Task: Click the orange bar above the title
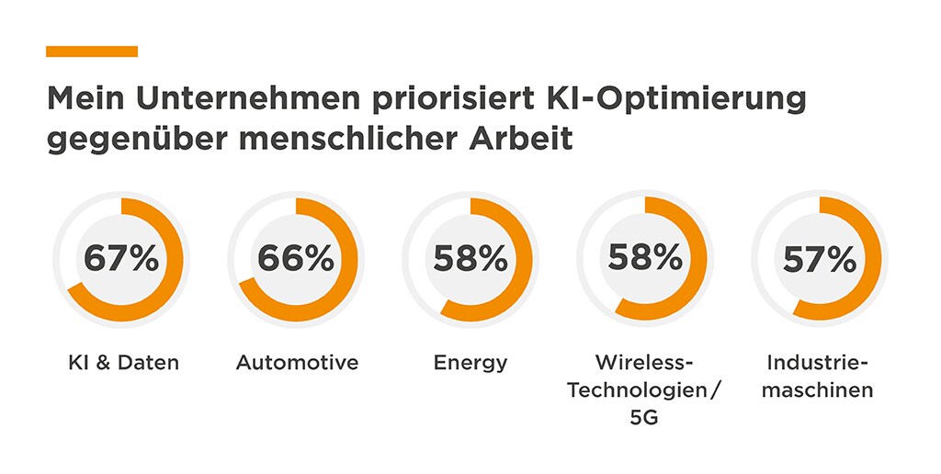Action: pos(92,51)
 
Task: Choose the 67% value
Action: pos(121,259)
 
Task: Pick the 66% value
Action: pos(295,259)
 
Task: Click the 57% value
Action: pos(819,260)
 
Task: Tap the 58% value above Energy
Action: pos(470,259)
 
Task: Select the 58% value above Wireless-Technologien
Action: pos(644,257)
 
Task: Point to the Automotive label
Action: pos(297,363)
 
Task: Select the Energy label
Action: pos(470,363)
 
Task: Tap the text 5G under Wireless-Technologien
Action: pos(643,418)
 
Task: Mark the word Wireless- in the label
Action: pos(643,362)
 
